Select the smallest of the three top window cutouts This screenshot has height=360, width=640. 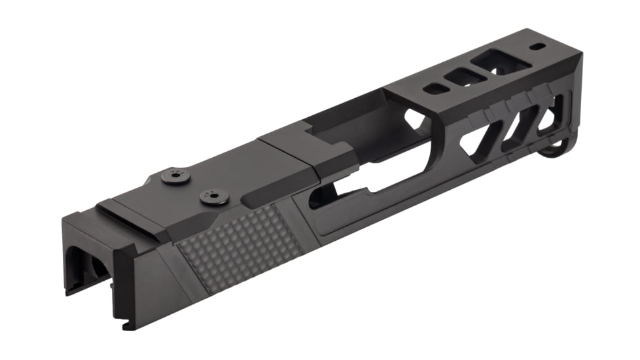[x=433, y=88]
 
